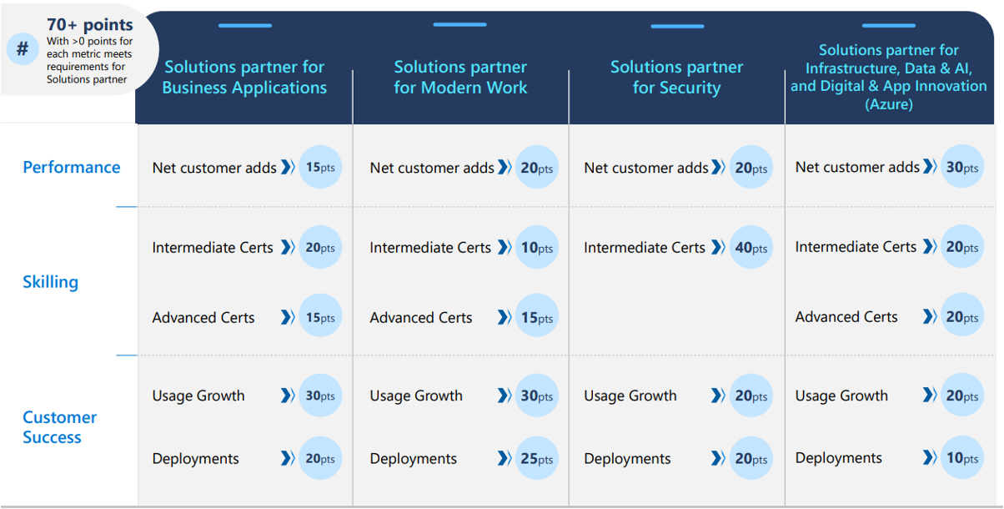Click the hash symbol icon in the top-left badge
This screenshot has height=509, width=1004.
pos(23,48)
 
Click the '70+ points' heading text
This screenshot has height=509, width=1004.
pos(90,25)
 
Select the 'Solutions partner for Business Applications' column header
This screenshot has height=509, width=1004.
pos(244,77)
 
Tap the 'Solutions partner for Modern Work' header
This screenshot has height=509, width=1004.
pos(460,77)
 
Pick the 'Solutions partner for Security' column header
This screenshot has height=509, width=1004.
pos(677,77)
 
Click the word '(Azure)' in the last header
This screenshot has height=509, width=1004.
pos(889,104)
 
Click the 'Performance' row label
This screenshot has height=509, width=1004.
pos(72,167)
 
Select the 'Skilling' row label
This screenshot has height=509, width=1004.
pos(51,282)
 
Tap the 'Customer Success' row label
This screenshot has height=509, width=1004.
pos(59,427)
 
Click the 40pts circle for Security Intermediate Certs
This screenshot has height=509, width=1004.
pos(751,247)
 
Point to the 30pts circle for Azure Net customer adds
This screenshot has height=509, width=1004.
pos(962,167)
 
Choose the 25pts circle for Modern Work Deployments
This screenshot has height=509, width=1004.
pos(536,458)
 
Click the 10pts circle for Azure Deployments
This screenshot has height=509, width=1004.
pos(962,457)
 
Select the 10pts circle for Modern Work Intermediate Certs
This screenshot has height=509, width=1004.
pos(536,247)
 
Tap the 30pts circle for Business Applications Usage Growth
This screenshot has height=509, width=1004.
pos(320,396)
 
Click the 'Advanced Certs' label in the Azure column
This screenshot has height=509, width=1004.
pos(846,317)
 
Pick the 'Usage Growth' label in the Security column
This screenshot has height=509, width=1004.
pos(630,396)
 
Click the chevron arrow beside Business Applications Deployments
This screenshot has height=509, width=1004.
pos(288,458)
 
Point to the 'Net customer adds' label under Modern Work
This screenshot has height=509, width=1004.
pos(432,168)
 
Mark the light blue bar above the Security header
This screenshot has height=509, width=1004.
pos(677,27)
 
